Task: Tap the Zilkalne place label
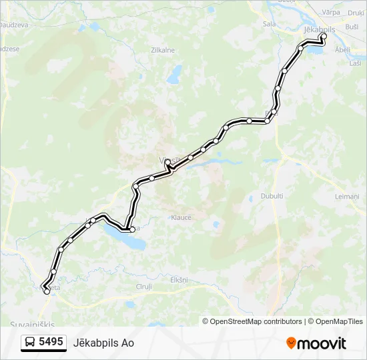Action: click(x=163, y=50)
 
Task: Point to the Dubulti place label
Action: click(x=272, y=196)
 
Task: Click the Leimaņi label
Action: click(x=347, y=196)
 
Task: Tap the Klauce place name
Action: click(x=181, y=217)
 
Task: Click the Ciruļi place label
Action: click(x=143, y=287)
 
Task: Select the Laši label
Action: click(x=355, y=62)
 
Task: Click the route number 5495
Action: click(x=51, y=342)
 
